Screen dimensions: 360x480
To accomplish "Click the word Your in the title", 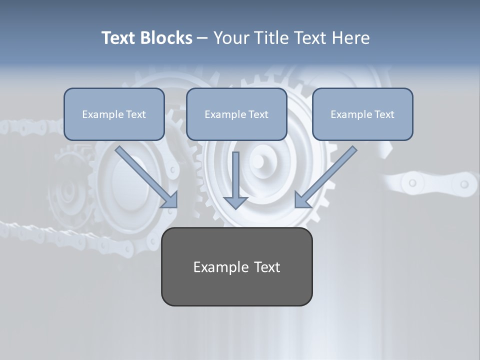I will click(x=230, y=38).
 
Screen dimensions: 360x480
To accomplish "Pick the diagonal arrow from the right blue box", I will click(x=327, y=175).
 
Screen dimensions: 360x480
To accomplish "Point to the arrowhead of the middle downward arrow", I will click(x=235, y=202).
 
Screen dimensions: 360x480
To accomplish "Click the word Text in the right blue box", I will click(x=383, y=114).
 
